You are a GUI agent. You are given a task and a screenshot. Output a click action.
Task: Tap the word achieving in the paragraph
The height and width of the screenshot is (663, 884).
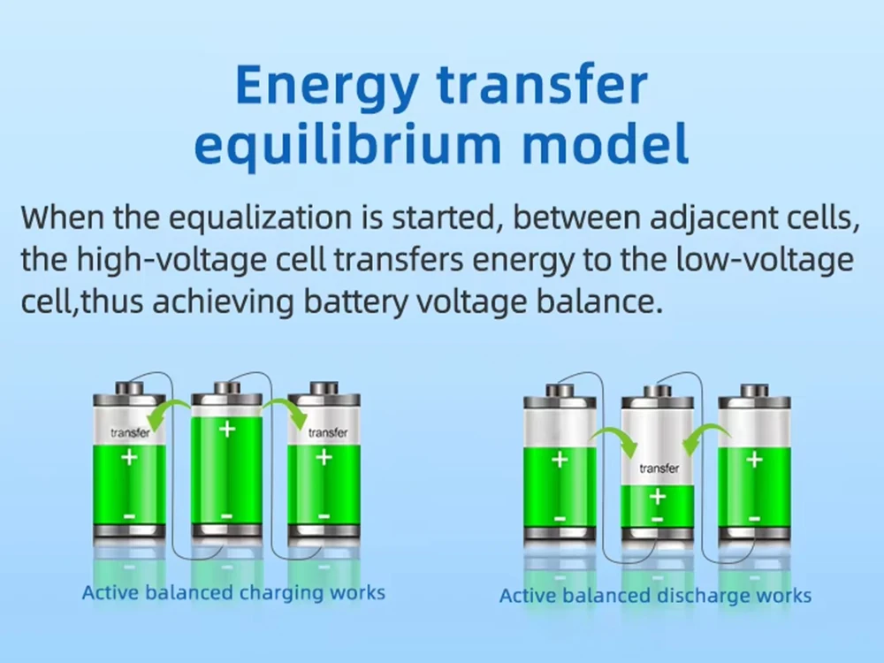pos(224,301)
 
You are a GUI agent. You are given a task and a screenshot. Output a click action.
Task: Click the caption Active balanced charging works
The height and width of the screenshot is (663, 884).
pos(233,592)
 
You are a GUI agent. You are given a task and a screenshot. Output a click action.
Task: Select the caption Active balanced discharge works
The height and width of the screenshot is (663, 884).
pos(655,595)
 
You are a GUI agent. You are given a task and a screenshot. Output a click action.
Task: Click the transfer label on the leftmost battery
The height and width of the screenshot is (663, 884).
pos(130,433)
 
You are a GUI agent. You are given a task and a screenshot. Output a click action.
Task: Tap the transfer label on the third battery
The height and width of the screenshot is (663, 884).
pos(328,433)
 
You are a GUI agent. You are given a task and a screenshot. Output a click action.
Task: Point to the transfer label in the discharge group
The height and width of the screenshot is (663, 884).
pos(659,469)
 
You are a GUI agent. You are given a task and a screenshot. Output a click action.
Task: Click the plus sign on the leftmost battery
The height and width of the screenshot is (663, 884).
pos(129,457)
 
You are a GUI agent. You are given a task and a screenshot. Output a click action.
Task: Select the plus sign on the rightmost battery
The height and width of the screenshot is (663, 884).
pos(754,460)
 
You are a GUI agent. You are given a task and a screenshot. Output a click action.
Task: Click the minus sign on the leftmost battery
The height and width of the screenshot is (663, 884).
pos(129,516)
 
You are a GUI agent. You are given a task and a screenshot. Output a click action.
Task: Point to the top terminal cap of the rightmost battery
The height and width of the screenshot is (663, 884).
pos(754,390)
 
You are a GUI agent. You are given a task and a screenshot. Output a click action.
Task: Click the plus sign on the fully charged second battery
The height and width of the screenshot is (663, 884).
pos(227,430)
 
